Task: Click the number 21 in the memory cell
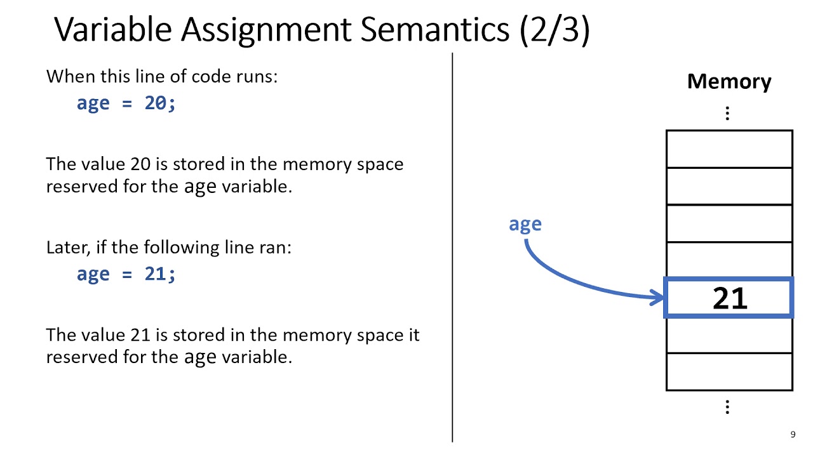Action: click(730, 298)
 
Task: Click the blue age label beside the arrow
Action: click(525, 224)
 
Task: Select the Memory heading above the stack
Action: click(729, 81)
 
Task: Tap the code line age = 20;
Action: click(126, 103)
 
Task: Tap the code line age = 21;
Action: click(126, 274)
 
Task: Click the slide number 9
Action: click(793, 435)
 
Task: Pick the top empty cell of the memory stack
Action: click(729, 149)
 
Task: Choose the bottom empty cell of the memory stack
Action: click(729, 371)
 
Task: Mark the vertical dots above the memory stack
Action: click(727, 114)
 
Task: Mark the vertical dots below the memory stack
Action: click(727, 407)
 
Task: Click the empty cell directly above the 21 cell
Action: click(729, 260)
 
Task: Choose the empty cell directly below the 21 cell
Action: click(729, 335)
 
